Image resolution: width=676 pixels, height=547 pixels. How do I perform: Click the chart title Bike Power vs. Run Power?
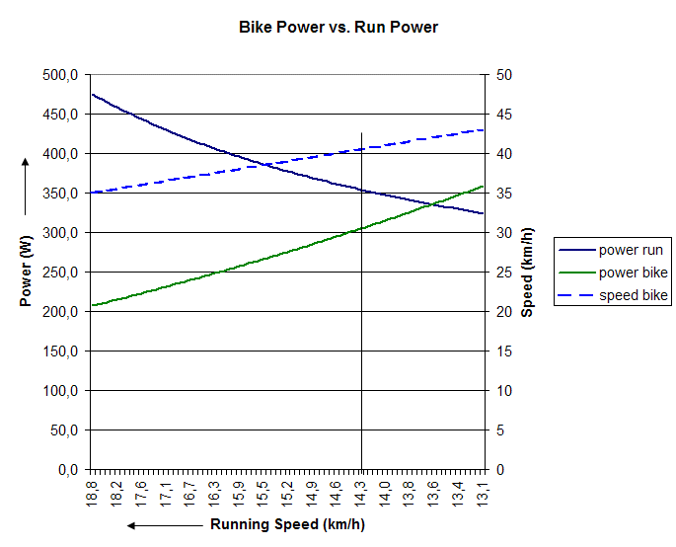pos(338,28)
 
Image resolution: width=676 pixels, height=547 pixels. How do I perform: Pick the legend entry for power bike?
pos(633,273)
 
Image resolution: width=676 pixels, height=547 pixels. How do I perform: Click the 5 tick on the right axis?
pos(500,430)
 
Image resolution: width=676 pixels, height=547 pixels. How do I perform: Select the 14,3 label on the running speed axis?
pos(361,491)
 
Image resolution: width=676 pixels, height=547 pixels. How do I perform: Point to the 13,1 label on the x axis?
pos(483,491)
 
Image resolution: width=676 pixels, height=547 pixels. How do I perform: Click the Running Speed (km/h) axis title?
pos(287,524)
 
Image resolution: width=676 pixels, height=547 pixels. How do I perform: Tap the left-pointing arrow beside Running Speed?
pos(165,525)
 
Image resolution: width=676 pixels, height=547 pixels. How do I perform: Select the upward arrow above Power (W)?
pos(27,187)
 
